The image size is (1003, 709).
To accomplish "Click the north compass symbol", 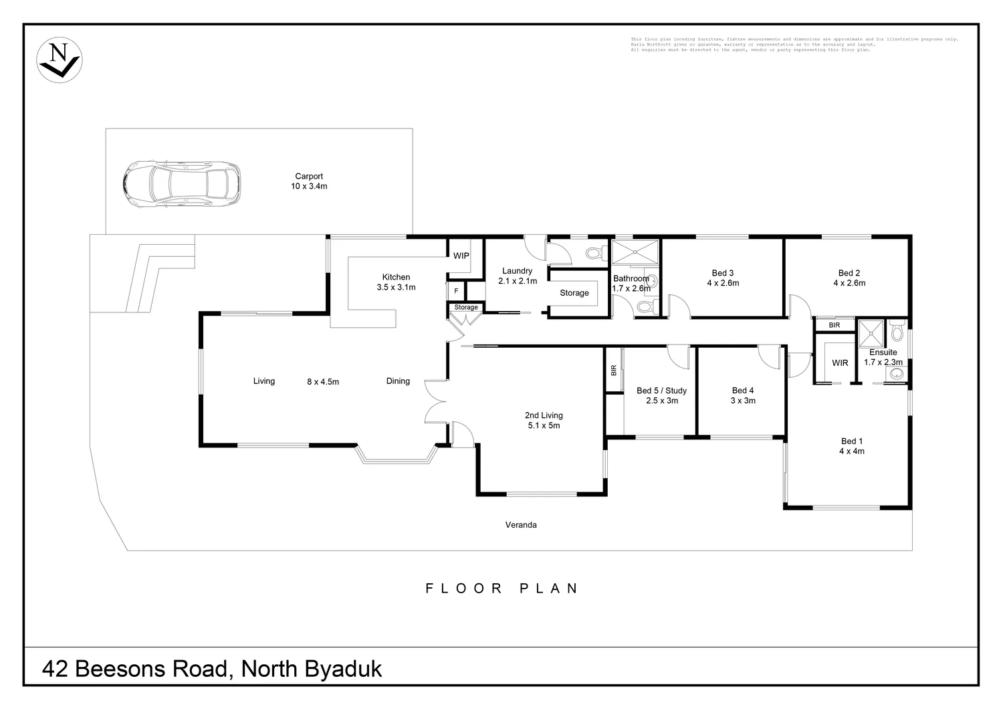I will [59, 60].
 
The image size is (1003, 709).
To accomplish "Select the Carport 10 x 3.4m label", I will [309, 181].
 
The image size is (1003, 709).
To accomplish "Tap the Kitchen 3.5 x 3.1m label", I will [396, 282].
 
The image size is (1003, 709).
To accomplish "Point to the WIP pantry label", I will [461, 256].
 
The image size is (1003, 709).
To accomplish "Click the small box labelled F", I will [456, 291].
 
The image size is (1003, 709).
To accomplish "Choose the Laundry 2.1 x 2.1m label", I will [517, 276].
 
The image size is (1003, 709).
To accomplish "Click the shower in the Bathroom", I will [635, 253].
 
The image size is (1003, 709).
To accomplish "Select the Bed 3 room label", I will [723, 278].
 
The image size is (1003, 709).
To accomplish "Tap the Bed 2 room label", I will [849, 278].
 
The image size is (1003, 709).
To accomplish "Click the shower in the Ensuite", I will [872, 331].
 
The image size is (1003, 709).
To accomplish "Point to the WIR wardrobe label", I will [840, 363].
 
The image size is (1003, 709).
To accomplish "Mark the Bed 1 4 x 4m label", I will [852, 446].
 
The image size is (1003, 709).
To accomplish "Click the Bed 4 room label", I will [743, 395].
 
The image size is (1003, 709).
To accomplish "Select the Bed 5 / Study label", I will [661, 395].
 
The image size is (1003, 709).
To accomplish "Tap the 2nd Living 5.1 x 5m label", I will [543, 420].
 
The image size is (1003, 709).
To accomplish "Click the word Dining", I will [398, 381].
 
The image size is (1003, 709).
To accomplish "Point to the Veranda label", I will [520, 525].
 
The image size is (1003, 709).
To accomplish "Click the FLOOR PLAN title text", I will [501, 589].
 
